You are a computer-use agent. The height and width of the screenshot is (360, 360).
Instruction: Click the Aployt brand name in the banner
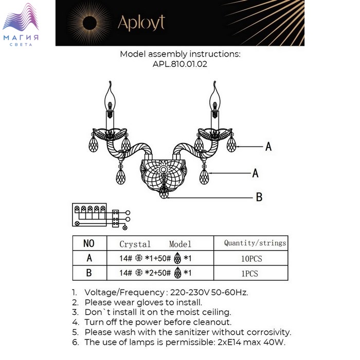(x=141, y=23)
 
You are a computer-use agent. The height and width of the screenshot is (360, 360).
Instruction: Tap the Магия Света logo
(x=21, y=25)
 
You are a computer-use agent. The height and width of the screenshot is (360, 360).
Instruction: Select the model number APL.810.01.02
(x=180, y=64)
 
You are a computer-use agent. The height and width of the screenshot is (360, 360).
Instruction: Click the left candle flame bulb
(x=110, y=99)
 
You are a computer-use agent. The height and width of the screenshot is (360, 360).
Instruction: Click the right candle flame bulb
(x=215, y=99)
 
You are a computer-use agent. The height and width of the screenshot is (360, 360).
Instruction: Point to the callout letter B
(x=259, y=197)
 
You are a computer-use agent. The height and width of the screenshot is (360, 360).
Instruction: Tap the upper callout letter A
(x=268, y=146)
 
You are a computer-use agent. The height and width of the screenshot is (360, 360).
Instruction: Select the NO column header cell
(x=89, y=243)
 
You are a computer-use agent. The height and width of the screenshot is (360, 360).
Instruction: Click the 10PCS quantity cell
(x=251, y=258)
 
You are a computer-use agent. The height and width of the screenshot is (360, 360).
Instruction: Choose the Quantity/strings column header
(x=255, y=243)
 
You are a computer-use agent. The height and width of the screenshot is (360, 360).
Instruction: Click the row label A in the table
(x=89, y=258)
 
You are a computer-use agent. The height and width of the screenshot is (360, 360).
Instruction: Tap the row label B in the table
(x=89, y=273)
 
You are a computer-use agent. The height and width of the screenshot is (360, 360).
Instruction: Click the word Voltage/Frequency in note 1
(x=124, y=293)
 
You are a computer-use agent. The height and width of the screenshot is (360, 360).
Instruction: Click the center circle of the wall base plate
(x=164, y=170)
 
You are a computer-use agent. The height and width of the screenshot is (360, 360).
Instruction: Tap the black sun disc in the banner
(x=89, y=23)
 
